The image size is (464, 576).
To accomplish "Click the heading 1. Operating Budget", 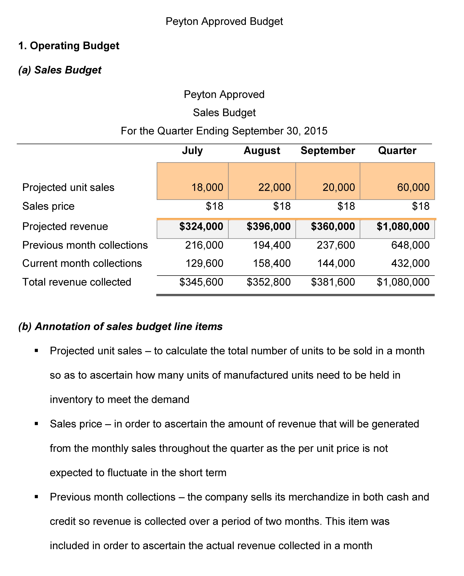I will (x=69, y=46).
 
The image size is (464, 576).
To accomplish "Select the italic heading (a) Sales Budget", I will (x=60, y=70).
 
